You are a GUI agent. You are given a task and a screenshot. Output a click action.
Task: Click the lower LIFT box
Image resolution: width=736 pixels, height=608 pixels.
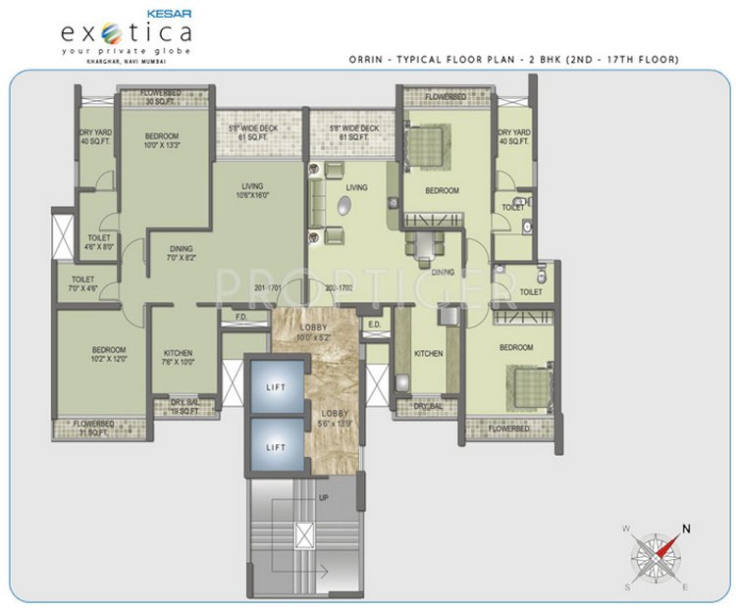(275, 446)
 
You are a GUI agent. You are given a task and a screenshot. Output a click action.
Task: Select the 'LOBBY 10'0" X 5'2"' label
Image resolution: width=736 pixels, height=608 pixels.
(315, 332)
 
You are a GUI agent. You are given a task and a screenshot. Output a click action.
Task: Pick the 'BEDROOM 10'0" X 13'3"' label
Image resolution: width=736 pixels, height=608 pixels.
(162, 140)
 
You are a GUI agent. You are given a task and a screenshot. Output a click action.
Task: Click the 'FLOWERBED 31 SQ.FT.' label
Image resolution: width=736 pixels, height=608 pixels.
(95, 429)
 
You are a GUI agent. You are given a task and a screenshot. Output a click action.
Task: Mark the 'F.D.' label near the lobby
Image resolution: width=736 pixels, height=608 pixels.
(240, 316)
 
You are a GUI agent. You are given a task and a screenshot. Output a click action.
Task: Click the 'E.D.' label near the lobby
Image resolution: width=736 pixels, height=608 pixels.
(374, 324)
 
